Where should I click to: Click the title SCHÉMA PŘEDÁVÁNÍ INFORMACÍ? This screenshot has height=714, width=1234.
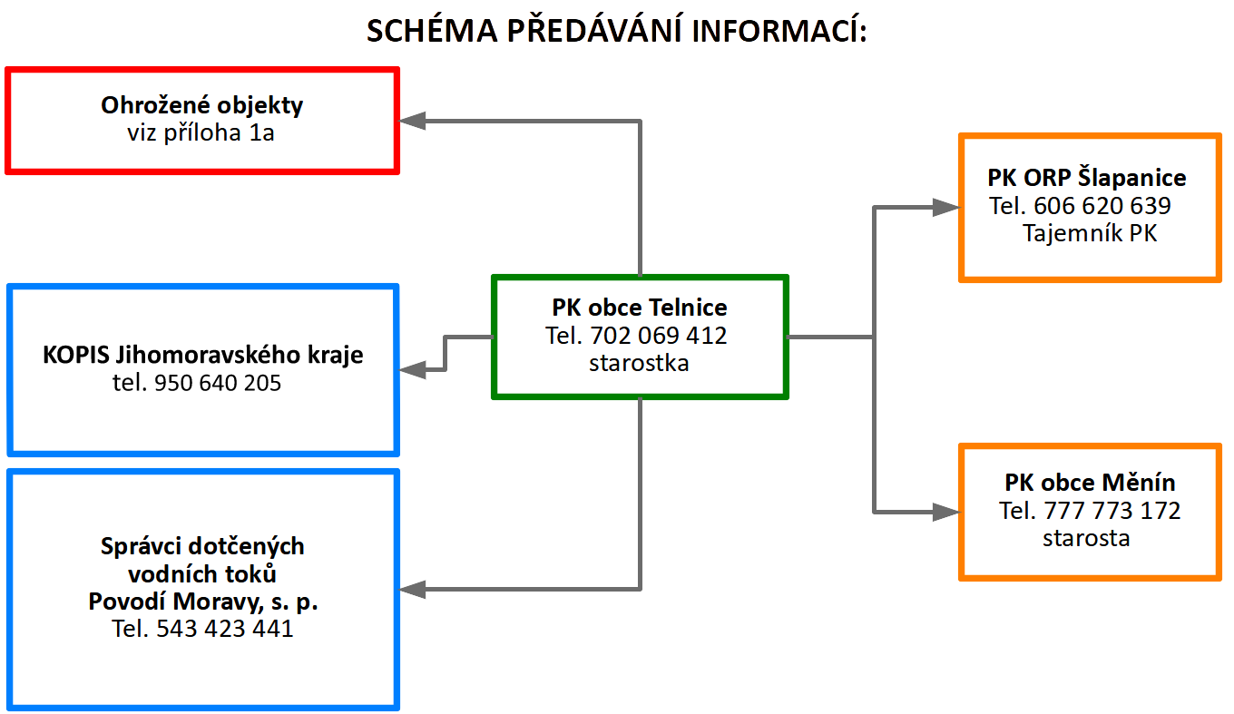616,30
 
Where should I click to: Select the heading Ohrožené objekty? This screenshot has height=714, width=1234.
201,105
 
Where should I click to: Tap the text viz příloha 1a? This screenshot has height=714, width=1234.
201,132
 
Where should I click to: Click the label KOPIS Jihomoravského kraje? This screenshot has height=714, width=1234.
202,355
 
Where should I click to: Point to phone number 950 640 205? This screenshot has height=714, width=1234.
218,383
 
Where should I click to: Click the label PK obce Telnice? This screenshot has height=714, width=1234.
640,308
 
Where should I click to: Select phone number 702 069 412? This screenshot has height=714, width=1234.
659,336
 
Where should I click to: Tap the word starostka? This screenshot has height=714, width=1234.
639,364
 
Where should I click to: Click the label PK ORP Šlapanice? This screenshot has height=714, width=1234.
1087,178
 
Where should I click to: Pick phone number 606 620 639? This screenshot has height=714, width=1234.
1102,206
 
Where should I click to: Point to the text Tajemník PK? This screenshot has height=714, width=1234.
1090,233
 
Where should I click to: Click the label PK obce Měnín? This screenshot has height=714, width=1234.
1091,483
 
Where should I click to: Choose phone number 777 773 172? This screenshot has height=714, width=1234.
1112,511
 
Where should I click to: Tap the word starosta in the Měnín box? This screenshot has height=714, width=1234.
1086,538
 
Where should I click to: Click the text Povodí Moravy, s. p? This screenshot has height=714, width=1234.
203,602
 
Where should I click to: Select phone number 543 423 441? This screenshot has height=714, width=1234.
225,629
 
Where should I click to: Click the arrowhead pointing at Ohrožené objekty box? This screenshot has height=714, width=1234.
412,121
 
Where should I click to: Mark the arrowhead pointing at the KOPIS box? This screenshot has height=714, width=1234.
412,369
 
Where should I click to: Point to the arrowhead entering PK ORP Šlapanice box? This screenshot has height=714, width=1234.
945,207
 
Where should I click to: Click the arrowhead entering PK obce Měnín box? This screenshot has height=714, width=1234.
945,512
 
